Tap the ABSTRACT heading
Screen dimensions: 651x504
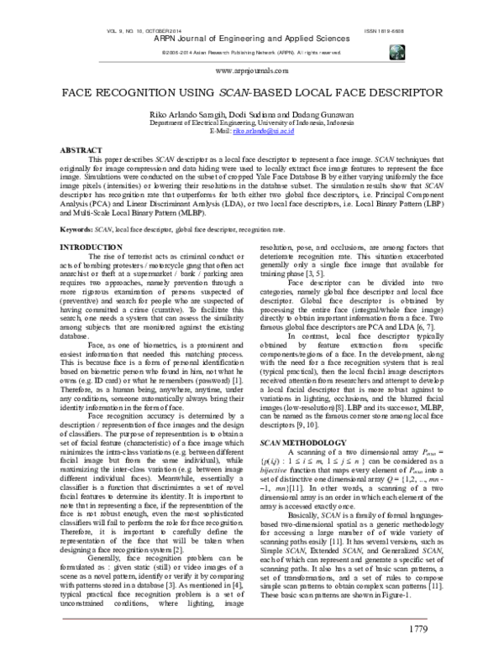(82, 148)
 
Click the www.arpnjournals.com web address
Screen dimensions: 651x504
(251, 73)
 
